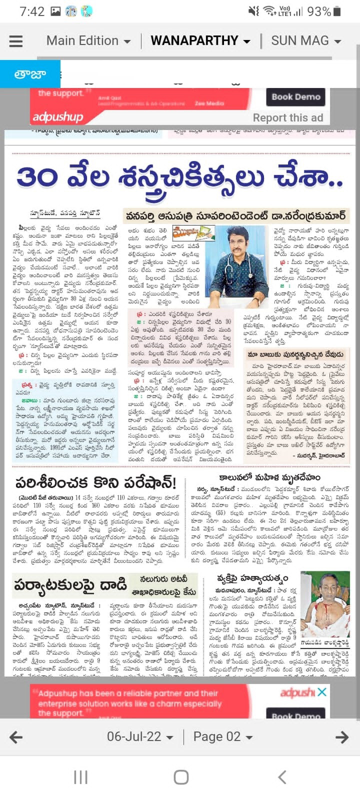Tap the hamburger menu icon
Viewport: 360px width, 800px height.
click(16, 41)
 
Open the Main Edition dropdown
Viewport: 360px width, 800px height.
click(88, 40)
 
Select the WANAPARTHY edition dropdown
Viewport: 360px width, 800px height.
click(200, 40)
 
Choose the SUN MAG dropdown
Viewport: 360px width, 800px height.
click(305, 40)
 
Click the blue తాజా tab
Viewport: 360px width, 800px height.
click(30, 74)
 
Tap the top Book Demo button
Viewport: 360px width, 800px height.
click(296, 97)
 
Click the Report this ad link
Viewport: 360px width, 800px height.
click(287, 118)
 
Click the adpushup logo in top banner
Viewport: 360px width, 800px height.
click(58, 117)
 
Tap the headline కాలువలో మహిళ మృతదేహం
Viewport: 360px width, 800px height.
click(269, 477)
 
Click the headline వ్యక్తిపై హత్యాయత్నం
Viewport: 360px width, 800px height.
click(252, 579)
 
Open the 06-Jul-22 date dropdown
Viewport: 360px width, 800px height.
click(140, 736)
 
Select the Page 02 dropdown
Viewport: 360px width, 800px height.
click(222, 736)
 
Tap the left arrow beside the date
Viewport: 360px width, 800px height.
click(16, 736)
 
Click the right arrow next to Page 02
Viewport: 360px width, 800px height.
click(342, 736)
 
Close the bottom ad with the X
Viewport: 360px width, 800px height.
click(322, 692)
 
